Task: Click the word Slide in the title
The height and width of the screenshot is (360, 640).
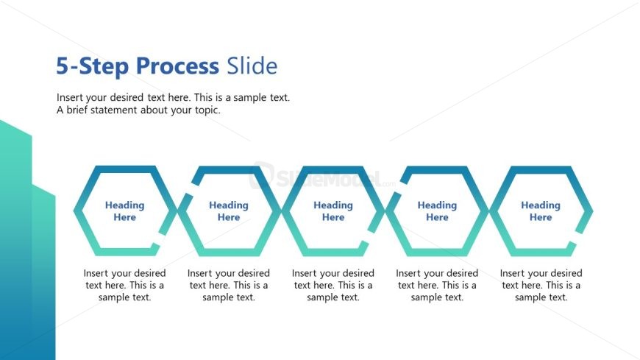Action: click(x=252, y=66)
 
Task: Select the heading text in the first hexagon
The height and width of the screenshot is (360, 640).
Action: click(x=124, y=211)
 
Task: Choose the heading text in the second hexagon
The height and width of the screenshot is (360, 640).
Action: click(x=229, y=211)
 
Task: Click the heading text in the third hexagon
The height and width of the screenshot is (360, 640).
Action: click(x=333, y=211)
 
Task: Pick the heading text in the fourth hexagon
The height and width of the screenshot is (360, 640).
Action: click(x=437, y=211)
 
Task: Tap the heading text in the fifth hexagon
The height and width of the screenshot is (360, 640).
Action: click(x=541, y=211)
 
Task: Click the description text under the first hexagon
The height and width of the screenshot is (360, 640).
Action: click(x=124, y=286)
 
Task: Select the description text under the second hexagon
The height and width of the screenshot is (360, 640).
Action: click(x=229, y=286)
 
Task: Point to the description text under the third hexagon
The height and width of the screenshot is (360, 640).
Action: click(x=333, y=286)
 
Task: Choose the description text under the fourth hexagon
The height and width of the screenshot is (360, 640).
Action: click(x=437, y=286)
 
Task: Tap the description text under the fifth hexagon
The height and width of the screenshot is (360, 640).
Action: click(x=541, y=286)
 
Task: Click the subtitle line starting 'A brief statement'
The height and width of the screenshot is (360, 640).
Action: click(x=138, y=110)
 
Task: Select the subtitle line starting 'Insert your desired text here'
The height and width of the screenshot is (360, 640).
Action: click(x=173, y=97)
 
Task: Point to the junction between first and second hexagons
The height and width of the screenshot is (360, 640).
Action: click(x=177, y=211)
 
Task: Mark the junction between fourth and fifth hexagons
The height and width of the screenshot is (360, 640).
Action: click(x=489, y=211)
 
